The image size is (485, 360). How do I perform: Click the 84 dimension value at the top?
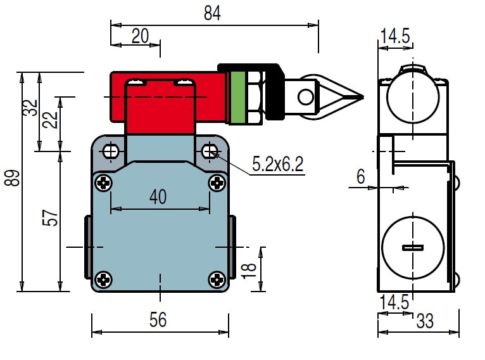coord(213,13)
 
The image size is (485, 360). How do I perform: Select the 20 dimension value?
coord(140,35)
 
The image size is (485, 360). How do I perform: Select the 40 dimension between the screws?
coord(158,196)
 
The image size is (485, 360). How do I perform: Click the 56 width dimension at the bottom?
coord(158,320)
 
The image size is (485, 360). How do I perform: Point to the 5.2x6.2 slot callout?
coord(278,165)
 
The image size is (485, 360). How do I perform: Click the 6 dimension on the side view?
coord(361,177)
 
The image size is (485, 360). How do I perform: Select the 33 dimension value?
coord(425,321)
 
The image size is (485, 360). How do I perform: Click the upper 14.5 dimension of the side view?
coord(395,36)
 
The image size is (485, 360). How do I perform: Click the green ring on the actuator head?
coord(238,96)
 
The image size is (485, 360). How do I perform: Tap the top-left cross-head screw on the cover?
coord(104,183)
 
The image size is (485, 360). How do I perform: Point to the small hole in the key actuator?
coord(306,97)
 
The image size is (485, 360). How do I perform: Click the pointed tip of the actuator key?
coord(362,97)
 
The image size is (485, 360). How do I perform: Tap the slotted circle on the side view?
coord(411,247)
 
